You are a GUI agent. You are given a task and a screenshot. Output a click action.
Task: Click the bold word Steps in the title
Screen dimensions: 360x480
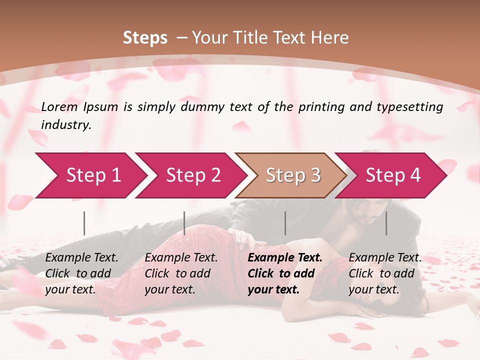click(145, 37)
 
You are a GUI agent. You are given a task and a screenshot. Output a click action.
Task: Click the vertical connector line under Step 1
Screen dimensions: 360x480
click(84, 223)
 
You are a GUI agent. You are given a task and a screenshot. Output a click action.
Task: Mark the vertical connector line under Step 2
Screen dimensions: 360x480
click(184, 223)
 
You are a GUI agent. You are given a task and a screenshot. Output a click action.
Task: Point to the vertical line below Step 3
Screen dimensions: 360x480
click(285, 223)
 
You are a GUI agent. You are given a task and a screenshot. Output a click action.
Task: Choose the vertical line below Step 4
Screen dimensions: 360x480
click(386, 223)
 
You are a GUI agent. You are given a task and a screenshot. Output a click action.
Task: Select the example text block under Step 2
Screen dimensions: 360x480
click(181, 273)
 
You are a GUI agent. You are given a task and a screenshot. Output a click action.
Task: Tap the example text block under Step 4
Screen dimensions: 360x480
click(385, 273)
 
